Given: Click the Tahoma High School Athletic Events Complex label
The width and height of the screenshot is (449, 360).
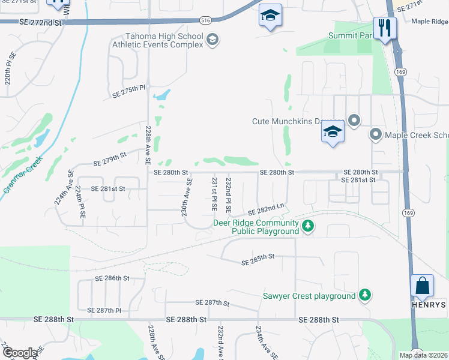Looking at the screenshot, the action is point(157,40).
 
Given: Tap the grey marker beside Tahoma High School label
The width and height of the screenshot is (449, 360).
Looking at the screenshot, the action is point(212,40).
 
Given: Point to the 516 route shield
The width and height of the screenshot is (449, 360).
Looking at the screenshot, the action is point(206,20).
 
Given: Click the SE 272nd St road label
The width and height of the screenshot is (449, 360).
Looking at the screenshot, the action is point(41,22).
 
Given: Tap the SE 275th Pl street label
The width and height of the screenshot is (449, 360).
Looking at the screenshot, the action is point(130,91).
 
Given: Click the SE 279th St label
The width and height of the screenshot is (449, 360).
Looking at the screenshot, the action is point(110,158).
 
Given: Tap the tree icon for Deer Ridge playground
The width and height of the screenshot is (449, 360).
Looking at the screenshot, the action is point(308,226).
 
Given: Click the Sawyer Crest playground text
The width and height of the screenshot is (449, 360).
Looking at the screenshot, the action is point(309,296).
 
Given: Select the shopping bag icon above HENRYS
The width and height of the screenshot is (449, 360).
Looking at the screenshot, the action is point(423,286).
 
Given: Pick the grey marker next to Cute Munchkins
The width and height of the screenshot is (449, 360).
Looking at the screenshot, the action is point(354,121).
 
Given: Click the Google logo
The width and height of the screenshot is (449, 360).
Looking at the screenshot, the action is point(19,353).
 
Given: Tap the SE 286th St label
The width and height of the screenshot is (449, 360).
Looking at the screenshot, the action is point(112,278).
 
